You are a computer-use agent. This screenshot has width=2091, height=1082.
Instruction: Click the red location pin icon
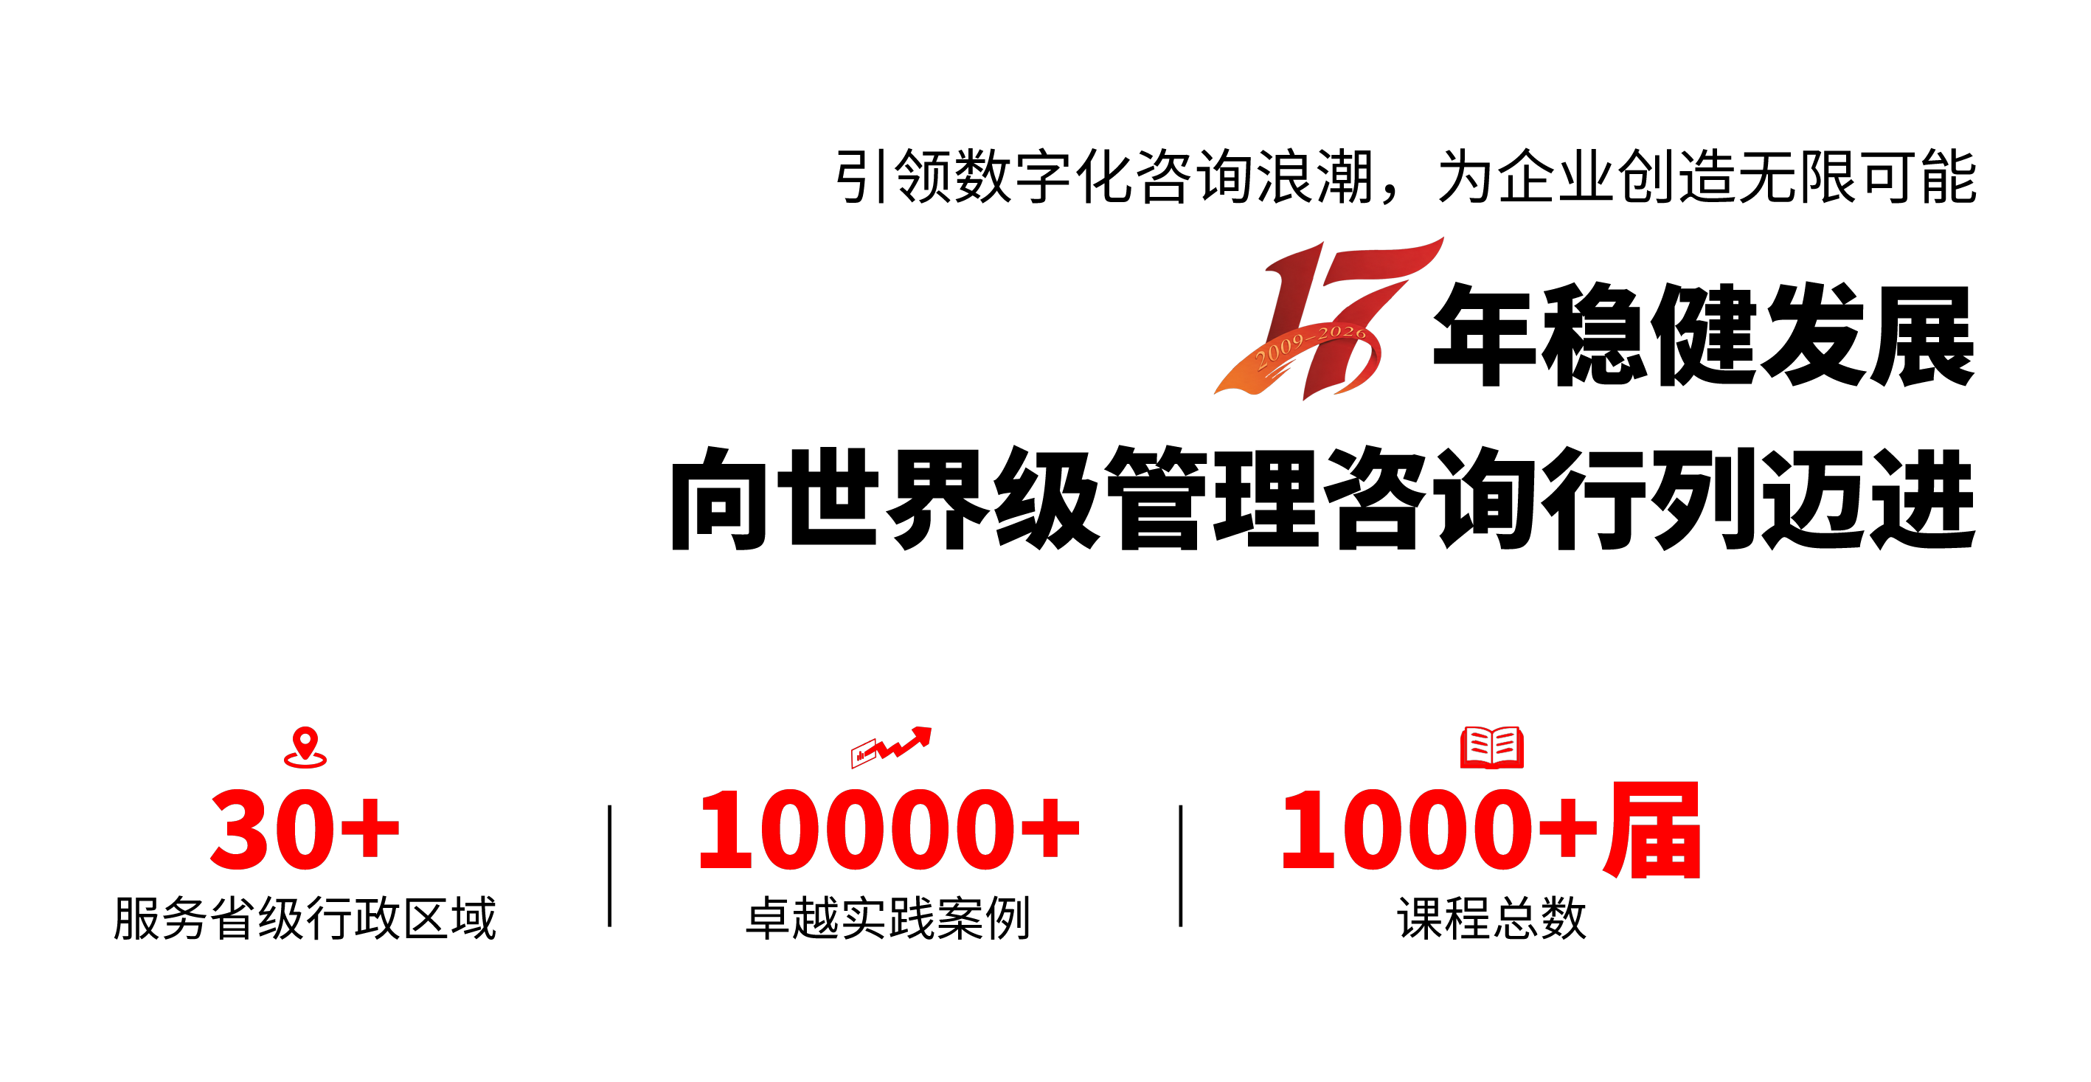click(305, 746)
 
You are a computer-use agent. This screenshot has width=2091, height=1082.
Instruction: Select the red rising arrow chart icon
click(891, 746)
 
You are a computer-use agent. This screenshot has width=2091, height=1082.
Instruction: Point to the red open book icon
click(1492, 746)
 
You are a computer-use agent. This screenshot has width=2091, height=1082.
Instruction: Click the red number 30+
click(305, 829)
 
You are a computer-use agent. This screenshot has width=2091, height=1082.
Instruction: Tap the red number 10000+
click(890, 829)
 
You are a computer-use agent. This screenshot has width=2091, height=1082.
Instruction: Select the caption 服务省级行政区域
click(305, 918)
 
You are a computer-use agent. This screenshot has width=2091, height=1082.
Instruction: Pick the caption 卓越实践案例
click(888, 918)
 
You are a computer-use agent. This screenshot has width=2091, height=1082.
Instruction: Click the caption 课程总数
click(1492, 918)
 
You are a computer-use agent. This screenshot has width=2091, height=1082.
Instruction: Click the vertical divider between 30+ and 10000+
click(610, 866)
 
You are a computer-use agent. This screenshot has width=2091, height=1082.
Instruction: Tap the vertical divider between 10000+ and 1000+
click(1181, 866)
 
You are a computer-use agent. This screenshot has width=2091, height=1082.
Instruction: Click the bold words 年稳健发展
click(1704, 334)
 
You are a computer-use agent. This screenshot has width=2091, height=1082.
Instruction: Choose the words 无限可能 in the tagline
click(1858, 176)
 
